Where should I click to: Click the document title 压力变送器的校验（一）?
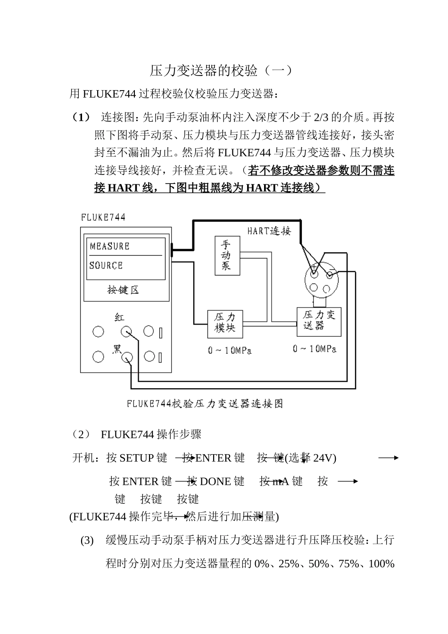click(x=221, y=71)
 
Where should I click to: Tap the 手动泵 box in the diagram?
click(x=226, y=256)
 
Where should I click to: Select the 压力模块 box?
click(x=225, y=323)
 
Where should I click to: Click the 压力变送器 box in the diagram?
click(x=319, y=321)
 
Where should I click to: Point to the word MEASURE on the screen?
click(x=109, y=246)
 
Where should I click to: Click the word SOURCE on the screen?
click(x=106, y=266)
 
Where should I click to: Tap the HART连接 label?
click(x=269, y=231)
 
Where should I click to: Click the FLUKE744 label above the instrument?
click(x=103, y=217)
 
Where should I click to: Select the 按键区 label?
click(x=123, y=290)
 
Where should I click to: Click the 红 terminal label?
click(x=120, y=317)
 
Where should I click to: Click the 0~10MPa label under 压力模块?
click(x=230, y=350)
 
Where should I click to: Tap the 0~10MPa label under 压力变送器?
click(x=315, y=349)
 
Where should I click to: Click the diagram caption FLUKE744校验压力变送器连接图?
click(x=205, y=404)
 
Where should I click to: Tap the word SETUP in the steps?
click(x=137, y=458)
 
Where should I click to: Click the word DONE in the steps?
click(x=216, y=482)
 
